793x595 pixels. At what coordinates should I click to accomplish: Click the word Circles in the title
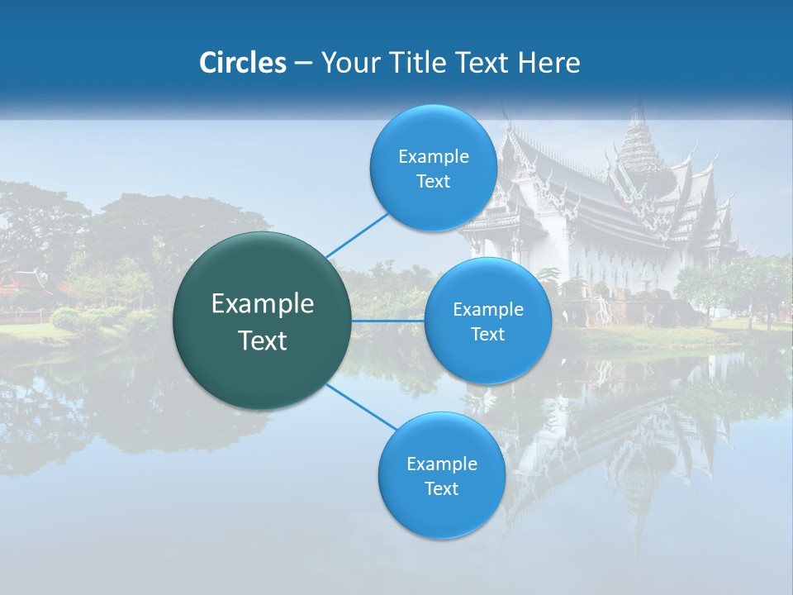click(243, 63)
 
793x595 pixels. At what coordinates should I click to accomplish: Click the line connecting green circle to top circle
click(358, 233)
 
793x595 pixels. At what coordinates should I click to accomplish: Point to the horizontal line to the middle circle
click(388, 321)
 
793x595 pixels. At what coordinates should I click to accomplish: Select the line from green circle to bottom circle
click(362, 407)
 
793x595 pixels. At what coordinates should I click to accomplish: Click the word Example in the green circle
click(263, 304)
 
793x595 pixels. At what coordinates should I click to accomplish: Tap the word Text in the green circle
click(263, 340)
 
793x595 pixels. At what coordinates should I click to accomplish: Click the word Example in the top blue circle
click(434, 157)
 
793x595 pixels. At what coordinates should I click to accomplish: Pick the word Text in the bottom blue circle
click(441, 489)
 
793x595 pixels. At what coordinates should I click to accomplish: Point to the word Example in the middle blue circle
click(488, 310)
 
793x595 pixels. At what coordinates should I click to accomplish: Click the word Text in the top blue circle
click(434, 182)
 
